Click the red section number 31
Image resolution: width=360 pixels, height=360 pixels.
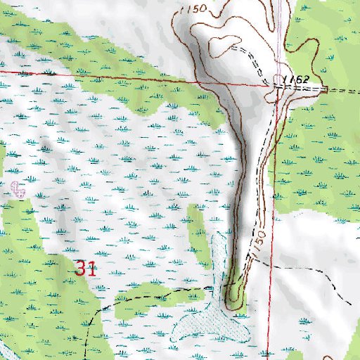(x=85, y=268)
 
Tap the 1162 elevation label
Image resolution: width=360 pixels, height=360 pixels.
(x=299, y=80)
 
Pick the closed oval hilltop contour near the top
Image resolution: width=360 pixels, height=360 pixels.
(x=226, y=45)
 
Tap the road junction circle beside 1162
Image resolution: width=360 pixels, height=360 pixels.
(x=279, y=82)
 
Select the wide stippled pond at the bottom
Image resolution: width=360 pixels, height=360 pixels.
(x=208, y=325)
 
